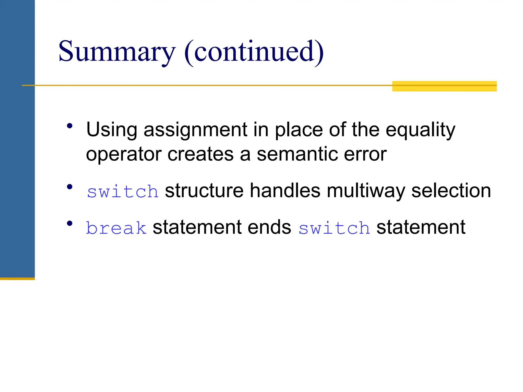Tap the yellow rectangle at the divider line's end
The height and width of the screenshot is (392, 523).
pyautogui.click(x=444, y=86)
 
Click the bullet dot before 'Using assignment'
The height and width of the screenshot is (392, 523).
pyautogui.click(x=70, y=126)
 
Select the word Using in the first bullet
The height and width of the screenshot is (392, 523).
pyautogui.click(x=112, y=130)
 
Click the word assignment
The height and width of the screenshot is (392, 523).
pyautogui.click(x=195, y=130)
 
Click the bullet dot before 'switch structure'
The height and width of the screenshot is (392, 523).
pyautogui.click(x=70, y=187)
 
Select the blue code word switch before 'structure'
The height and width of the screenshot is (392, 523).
pyautogui.click(x=123, y=191)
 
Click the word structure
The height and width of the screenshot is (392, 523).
pyautogui.click(x=204, y=191)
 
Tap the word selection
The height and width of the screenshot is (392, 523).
pyautogui.click(x=451, y=191)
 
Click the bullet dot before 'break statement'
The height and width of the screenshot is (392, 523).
pyautogui.click(x=70, y=224)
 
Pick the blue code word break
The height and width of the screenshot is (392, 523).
pyautogui.click(x=116, y=228)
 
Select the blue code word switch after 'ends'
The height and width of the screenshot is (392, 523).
pyautogui.click(x=334, y=228)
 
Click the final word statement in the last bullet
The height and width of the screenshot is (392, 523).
pyautogui.click(x=421, y=227)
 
